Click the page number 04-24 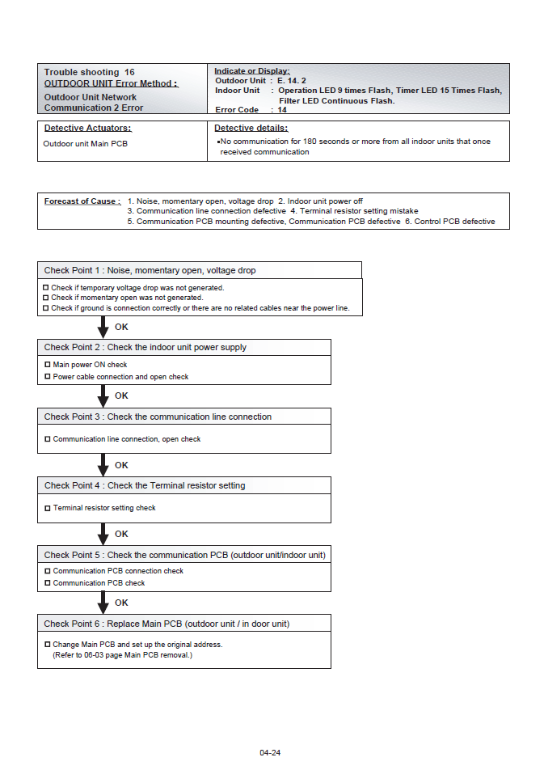270,753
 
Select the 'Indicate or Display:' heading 252,71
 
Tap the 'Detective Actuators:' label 87,128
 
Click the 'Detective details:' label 251,128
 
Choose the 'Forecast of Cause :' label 82,201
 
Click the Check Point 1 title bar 199,270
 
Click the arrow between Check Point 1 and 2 103,328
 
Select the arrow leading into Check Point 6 103,603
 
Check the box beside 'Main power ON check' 47,365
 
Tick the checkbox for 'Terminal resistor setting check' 47,508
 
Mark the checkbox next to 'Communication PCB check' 47,582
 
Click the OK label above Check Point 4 121,465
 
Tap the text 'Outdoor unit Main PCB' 85,144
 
